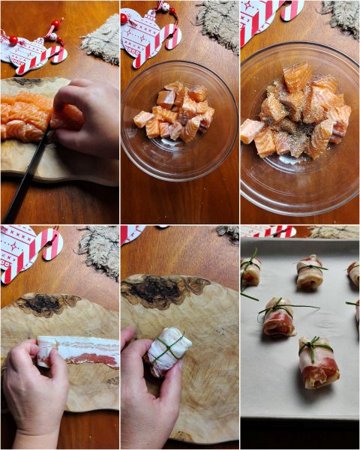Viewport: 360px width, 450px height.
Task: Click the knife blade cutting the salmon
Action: coord(41,150)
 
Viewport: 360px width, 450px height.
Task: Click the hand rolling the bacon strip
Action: coord(34,382)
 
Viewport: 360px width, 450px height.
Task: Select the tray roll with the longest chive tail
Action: coord(278,318)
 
